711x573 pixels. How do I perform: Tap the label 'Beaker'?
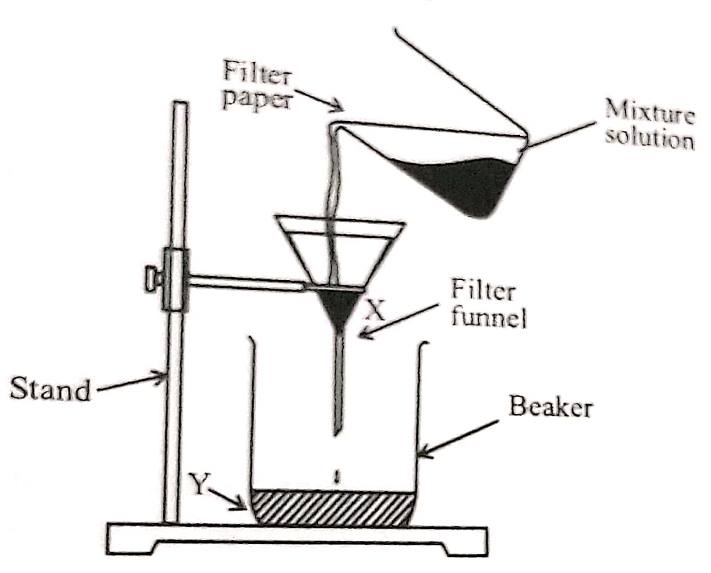pos(550,407)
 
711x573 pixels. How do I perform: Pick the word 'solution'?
pos(649,140)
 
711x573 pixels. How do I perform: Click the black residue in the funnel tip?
pos(339,307)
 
